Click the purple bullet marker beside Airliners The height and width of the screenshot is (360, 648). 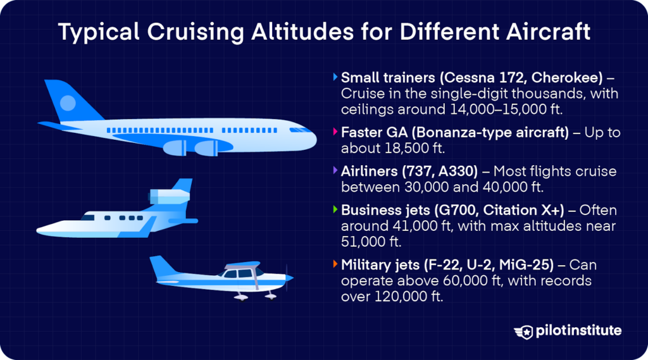point(335,171)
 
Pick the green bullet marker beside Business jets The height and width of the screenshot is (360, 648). point(335,209)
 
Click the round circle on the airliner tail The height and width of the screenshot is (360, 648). point(67,102)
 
